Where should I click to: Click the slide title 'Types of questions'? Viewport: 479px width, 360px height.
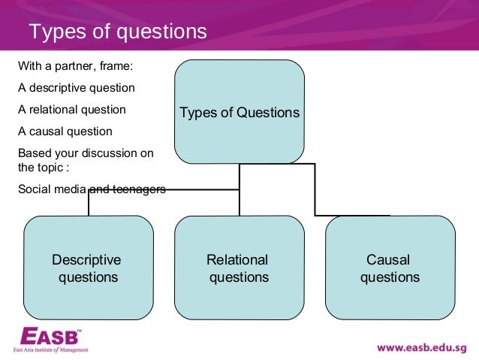point(116,32)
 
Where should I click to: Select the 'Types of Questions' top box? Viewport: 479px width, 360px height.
point(239,113)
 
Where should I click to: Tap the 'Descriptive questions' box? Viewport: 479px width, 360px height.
point(89,268)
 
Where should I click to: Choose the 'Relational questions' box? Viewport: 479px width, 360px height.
point(239,268)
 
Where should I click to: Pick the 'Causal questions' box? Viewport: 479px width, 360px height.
point(390,268)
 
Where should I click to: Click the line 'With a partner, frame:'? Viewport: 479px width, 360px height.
point(74,65)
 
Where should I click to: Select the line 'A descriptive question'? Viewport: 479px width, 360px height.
point(76,88)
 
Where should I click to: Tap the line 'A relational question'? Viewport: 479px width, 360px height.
point(71,110)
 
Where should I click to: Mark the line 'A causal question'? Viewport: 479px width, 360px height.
point(65,132)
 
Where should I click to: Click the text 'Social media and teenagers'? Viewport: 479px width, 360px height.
point(91,189)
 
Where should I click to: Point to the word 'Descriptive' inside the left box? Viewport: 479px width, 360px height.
point(86,260)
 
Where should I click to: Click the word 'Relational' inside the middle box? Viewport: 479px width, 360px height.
point(237,260)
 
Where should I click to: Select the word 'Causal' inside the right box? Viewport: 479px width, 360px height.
point(388,260)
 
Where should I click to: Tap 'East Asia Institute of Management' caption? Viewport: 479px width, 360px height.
point(51,349)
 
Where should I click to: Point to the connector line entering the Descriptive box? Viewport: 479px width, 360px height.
point(89,203)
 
